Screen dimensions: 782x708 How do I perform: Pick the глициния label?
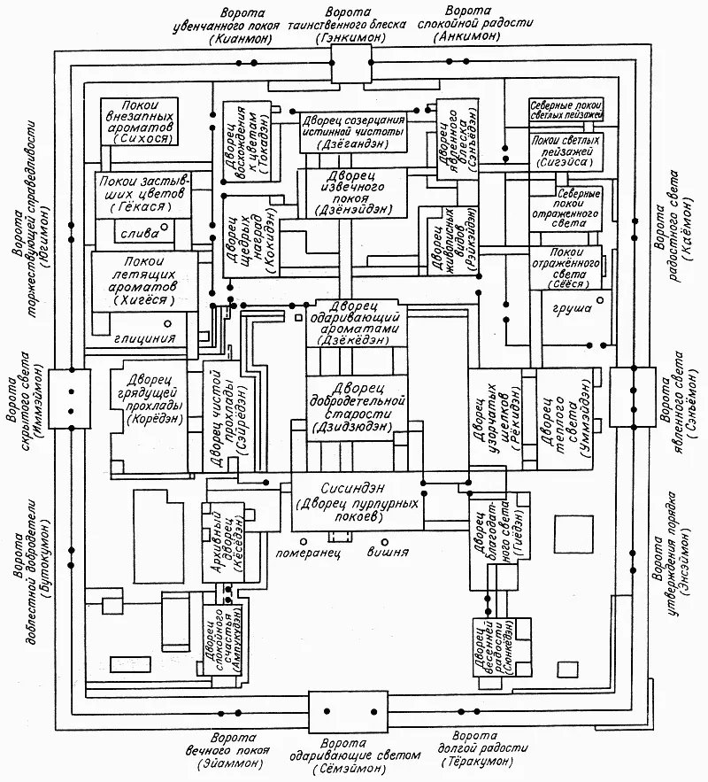point(137,337)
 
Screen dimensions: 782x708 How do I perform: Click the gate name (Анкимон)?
point(470,40)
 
